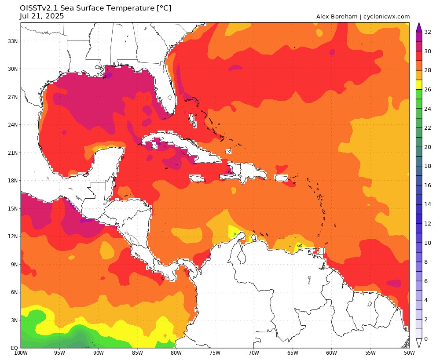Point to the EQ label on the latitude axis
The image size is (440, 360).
click(14, 348)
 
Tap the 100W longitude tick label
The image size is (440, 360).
click(21, 353)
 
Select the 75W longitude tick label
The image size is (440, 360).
click(215, 353)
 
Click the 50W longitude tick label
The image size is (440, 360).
click(409, 353)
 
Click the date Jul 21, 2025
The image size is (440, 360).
click(42, 16)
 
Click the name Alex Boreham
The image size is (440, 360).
click(337, 17)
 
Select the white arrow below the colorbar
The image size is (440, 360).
click(419, 344)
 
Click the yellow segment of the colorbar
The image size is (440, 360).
click(419, 84)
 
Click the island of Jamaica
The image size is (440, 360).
click(197, 178)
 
